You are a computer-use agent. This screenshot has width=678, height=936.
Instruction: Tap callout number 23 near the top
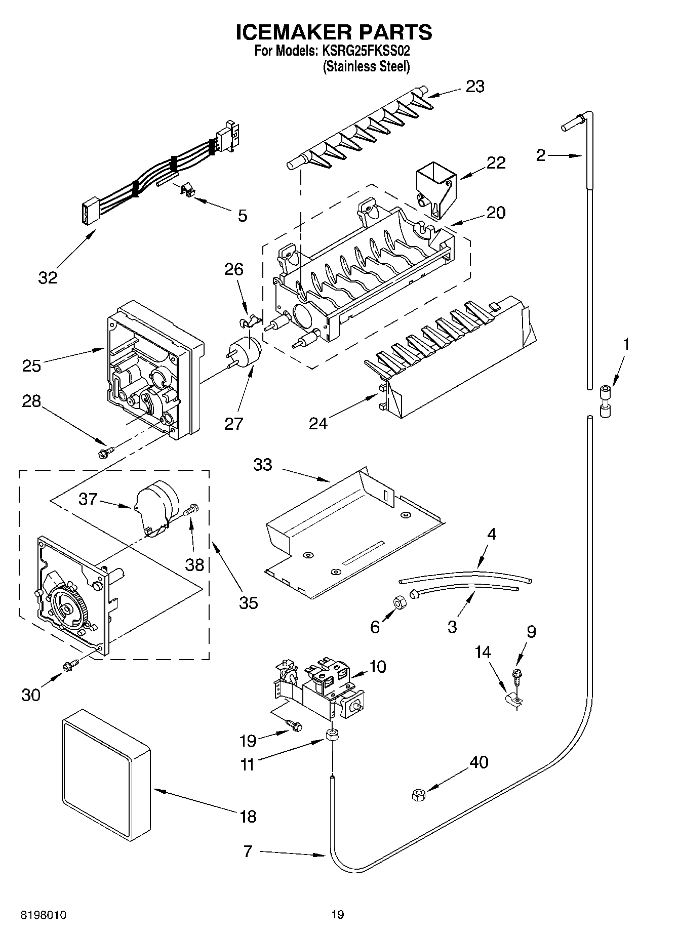click(x=475, y=87)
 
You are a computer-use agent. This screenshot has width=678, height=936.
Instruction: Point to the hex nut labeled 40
click(x=419, y=795)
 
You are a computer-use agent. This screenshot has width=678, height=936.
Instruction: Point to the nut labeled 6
click(x=398, y=602)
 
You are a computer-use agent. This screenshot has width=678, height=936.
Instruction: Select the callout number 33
click(x=263, y=465)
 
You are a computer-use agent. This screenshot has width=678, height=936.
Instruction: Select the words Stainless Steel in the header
click(x=366, y=66)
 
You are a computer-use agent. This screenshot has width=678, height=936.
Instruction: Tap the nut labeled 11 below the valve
click(x=332, y=736)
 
